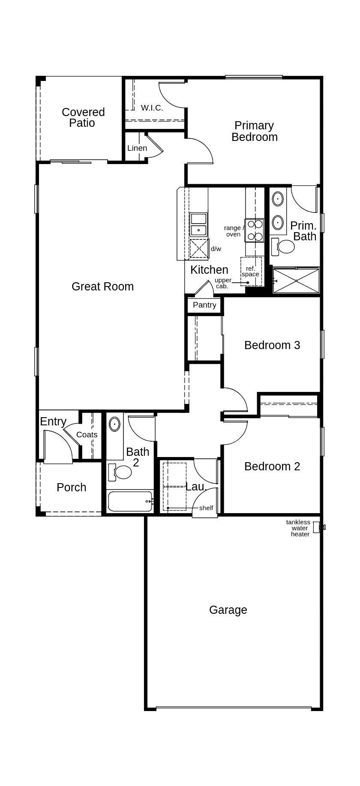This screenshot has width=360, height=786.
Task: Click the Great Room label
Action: pyautogui.click(x=102, y=287)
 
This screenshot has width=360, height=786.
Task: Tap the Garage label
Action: pyautogui.click(x=228, y=610)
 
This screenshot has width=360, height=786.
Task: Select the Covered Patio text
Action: pyautogui.click(x=83, y=117)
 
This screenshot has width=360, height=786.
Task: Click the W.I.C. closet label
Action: pyautogui.click(x=152, y=108)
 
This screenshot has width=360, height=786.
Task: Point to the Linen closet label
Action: pyautogui.click(x=137, y=148)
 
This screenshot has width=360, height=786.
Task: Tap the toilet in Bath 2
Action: pyautogui.click(x=123, y=472)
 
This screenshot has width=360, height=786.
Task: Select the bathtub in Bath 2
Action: pyautogui.click(x=130, y=501)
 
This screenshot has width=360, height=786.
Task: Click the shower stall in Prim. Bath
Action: pyautogui.click(x=296, y=281)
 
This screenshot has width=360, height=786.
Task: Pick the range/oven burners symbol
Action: pyautogui.click(x=255, y=230)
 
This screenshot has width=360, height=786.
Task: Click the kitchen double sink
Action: pyautogui.click(x=198, y=225)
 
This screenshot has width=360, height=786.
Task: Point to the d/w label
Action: pyautogui.click(x=216, y=249)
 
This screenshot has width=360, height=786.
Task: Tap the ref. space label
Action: pyautogui.click(x=250, y=272)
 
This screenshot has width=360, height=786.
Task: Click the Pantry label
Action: pyautogui.click(x=204, y=305)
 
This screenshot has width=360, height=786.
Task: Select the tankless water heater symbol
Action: pyautogui.click(x=318, y=527)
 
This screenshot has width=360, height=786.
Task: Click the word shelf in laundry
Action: pyautogui.click(x=206, y=508)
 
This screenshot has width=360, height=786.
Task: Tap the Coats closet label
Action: pyautogui.click(x=87, y=435)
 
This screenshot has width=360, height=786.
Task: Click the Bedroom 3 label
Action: pyautogui.click(x=272, y=345)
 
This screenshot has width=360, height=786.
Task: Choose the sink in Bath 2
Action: pyautogui.click(x=114, y=424)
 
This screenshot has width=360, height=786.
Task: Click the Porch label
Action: pyautogui.click(x=72, y=487)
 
